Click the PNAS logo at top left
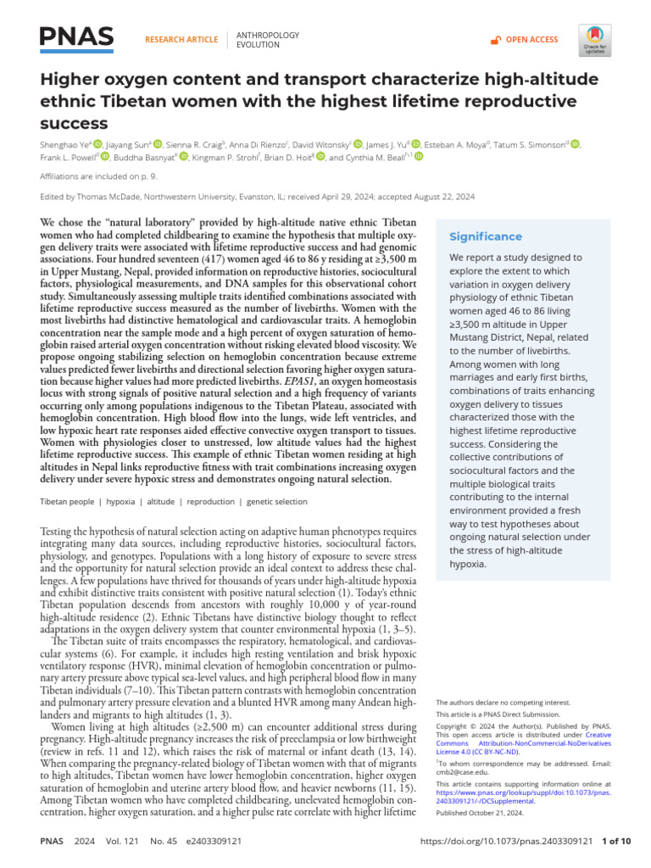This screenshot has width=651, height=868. click(x=76, y=38)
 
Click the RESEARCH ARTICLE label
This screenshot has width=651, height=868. click(x=181, y=40)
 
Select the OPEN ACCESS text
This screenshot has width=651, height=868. click(x=531, y=40)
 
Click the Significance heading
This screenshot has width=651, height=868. click(x=486, y=236)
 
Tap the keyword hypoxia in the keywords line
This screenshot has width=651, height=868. click(x=121, y=502)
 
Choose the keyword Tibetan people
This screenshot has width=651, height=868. click(x=68, y=502)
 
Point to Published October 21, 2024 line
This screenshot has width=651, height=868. click(x=479, y=812)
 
